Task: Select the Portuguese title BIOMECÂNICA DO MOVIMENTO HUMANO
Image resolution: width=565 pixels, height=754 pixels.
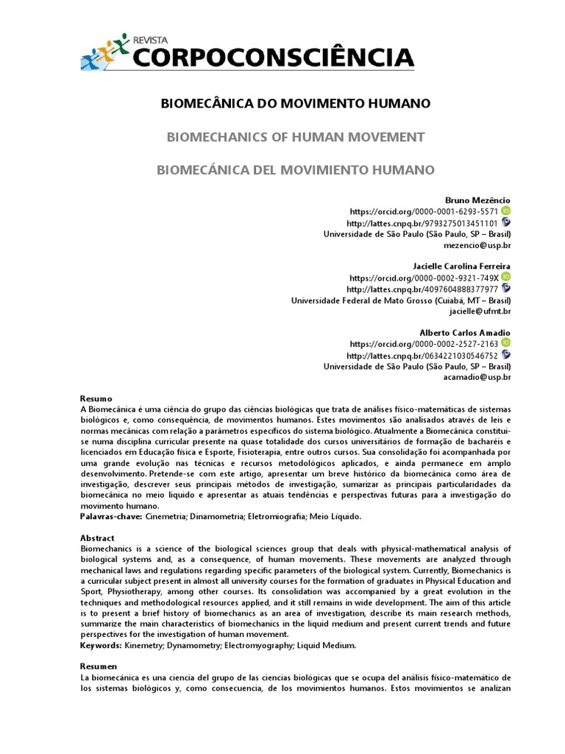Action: (296, 103)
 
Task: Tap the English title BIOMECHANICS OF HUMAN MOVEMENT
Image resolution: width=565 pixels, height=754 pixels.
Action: (296, 137)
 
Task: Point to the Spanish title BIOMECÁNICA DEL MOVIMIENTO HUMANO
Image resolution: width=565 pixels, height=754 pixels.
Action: (296, 170)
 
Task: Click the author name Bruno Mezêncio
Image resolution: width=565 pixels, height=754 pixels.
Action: (477, 200)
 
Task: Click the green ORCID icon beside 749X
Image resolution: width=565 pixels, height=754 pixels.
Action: (506, 277)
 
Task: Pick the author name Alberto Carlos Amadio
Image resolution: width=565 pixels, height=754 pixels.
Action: (465, 333)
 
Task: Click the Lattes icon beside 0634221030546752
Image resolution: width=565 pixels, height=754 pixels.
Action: (506, 355)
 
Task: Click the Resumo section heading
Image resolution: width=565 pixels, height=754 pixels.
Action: (96, 398)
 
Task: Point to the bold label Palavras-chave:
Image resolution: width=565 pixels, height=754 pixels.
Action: (111, 517)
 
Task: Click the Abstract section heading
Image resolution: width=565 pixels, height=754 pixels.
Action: (97, 538)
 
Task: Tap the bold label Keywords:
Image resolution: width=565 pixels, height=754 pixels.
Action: (101, 645)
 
